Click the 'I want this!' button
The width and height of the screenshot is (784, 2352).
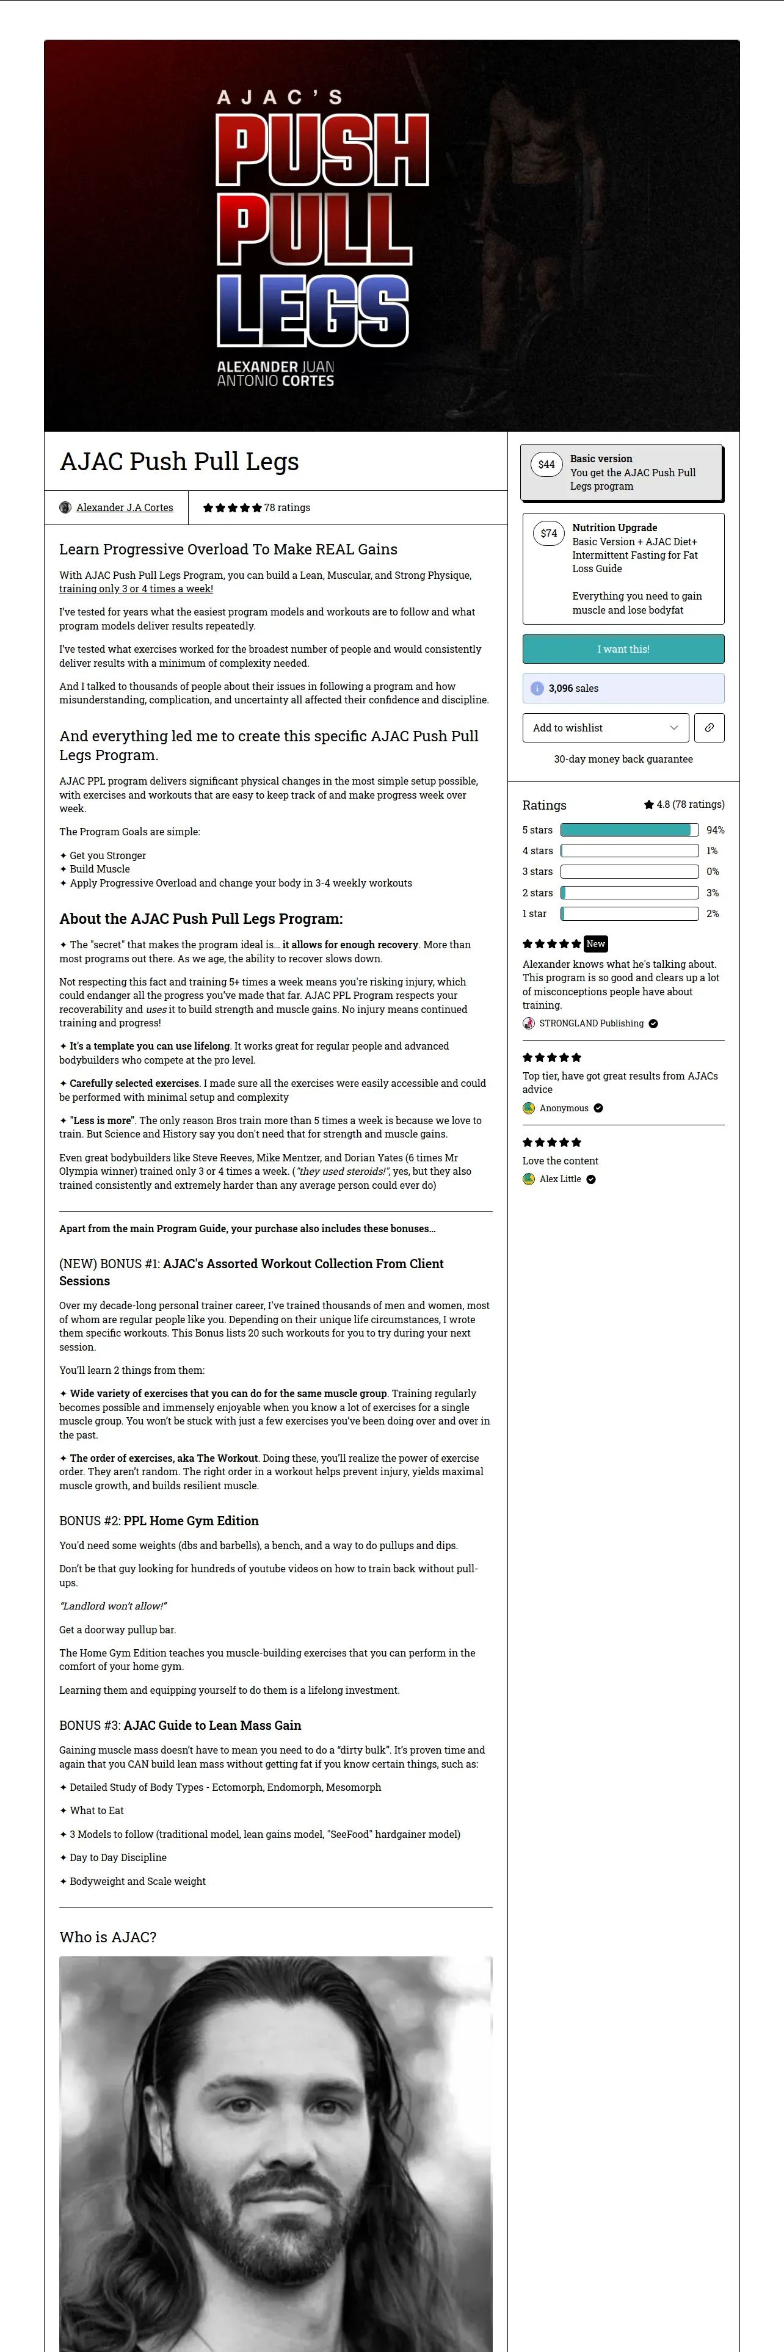[x=623, y=649]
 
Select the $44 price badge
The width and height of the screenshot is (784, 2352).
[x=546, y=465]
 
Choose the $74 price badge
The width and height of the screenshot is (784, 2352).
[x=548, y=533]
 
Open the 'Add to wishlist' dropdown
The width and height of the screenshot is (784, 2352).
[x=605, y=728]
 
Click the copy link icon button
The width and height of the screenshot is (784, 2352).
[x=709, y=728]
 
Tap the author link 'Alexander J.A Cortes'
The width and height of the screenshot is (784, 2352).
[x=124, y=507]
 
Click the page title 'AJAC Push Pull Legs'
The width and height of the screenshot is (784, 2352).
[x=179, y=462]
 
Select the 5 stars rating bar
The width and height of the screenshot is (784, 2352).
[x=629, y=830]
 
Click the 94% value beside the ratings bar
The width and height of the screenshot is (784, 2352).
[x=714, y=830]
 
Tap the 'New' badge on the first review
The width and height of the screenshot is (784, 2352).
[x=595, y=944]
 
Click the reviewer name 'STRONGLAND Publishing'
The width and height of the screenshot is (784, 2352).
[x=592, y=1023]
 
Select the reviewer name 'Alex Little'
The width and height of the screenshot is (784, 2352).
[x=559, y=1180]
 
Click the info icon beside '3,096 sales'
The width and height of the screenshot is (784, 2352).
[x=537, y=688]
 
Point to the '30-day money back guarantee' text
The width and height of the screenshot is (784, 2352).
[x=623, y=760]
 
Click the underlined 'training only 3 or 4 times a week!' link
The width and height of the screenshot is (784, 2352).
[x=136, y=589]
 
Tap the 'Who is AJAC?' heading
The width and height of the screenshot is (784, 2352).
[x=107, y=1937]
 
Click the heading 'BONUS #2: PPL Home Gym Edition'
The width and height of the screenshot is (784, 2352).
[x=159, y=1521]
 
